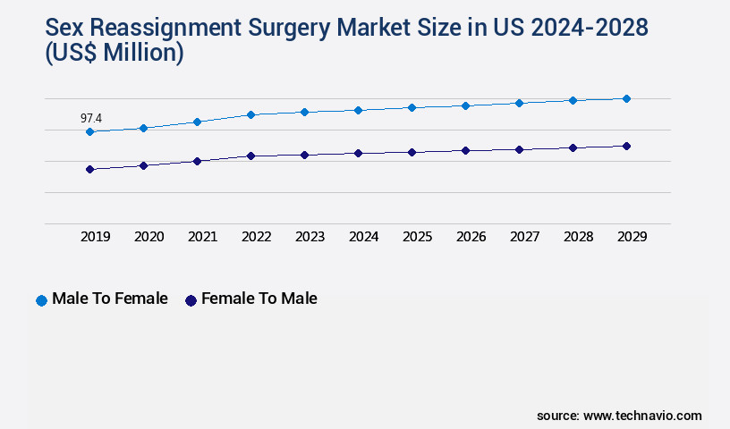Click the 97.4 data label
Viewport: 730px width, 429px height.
pyautogui.click(x=90, y=118)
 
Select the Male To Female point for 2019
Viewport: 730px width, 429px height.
pyautogui.click(x=89, y=132)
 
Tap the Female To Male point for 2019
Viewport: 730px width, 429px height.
pyautogui.click(x=89, y=169)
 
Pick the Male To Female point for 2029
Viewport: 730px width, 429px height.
pyautogui.click(x=626, y=98)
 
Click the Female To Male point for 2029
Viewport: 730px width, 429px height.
pyautogui.click(x=626, y=146)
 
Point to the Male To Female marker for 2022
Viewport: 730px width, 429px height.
pyautogui.click(x=250, y=114)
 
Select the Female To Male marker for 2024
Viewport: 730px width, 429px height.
pyautogui.click(x=358, y=153)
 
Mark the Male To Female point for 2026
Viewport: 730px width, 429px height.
pyautogui.click(x=465, y=105)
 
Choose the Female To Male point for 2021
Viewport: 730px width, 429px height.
pyautogui.click(x=197, y=161)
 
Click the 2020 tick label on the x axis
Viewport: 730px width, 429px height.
pyautogui.click(x=149, y=237)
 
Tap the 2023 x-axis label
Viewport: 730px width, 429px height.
pyautogui.click(x=310, y=237)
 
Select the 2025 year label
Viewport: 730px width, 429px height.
pyautogui.click(x=417, y=237)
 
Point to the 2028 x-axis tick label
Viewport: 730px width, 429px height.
pyautogui.click(x=578, y=237)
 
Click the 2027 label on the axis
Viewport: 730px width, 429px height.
pyautogui.click(x=524, y=237)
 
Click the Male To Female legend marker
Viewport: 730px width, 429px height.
pyautogui.click(x=41, y=300)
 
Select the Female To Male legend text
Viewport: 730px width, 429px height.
pyautogui.click(x=259, y=299)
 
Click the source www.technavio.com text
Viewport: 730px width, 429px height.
pyautogui.click(x=619, y=416)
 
